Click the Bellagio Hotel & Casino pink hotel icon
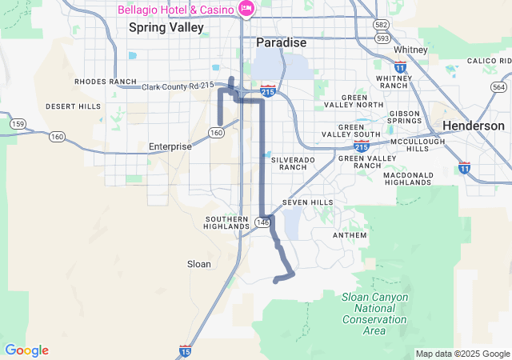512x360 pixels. tap(246, 10)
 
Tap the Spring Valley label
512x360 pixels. tap(166, 27)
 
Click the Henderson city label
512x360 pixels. tap(474, 126)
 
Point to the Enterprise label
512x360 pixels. tap(170, 146)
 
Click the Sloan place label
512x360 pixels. tap(198, 264)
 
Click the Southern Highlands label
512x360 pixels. tap(228, 222)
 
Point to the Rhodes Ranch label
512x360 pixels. tap(106, 82)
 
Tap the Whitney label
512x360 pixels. tap(411, 50)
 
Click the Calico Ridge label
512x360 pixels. tap(488, 61)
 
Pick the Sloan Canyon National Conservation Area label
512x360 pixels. tap(374, 314)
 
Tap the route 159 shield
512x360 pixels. tap(17, 123)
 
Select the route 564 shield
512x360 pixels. tap(499, 87)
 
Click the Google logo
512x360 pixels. tap(26, 350)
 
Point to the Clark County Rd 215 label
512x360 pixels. tap(178, 86)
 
